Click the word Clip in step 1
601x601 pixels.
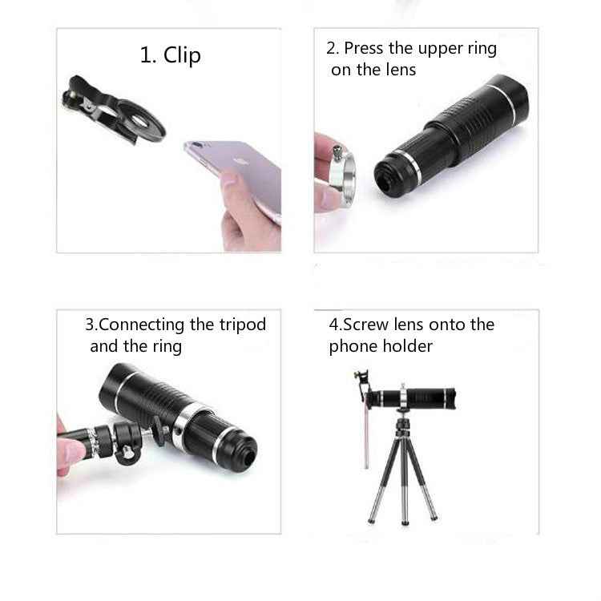click(182, 55)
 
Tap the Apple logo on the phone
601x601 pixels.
click(236, 159)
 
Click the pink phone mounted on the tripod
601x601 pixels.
click(366, 433)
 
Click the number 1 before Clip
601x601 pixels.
click(147, 55)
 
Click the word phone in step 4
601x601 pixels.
click(351, 346)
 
